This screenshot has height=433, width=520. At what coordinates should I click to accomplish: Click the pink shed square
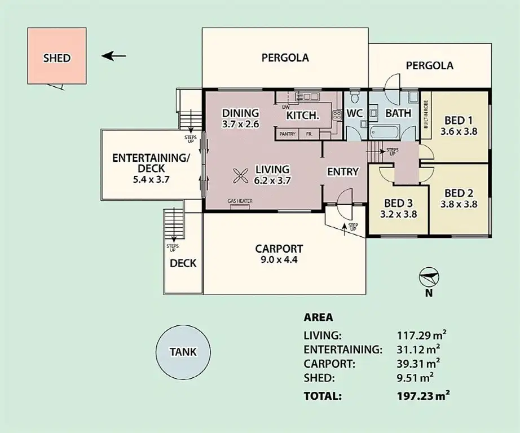57,56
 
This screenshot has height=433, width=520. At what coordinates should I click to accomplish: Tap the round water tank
183,352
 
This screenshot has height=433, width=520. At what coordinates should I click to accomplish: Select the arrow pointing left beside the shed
114,56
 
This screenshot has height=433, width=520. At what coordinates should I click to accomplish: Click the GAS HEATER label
240,201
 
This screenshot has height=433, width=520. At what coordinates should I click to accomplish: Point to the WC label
354,113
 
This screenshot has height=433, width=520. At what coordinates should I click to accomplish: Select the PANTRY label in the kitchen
288,134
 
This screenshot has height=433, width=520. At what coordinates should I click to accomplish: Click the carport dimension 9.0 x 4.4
279,260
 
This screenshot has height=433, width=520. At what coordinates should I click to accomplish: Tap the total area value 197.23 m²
423,396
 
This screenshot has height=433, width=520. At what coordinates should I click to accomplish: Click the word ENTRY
343,171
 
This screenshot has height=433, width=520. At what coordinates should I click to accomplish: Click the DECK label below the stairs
183,263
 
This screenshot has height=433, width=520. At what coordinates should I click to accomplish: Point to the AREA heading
318,317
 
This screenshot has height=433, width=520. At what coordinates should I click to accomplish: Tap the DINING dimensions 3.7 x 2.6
240,124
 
